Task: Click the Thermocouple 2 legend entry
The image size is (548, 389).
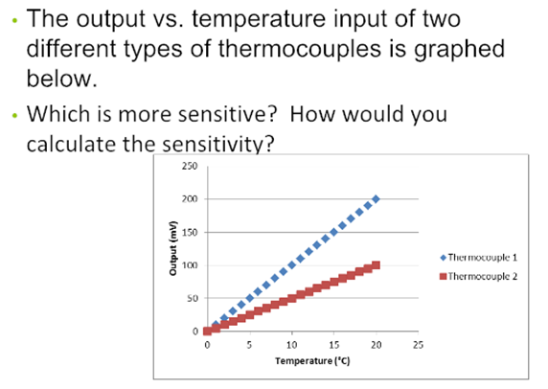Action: click(x=478, y=276)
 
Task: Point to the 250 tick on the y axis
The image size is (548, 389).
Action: click(x=191, y=166)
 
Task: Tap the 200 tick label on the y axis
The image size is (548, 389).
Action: click(x=191, y=199)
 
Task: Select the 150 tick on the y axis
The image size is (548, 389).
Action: click(x=191, y=233)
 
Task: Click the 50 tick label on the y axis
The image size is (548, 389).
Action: click(x=193, y=299)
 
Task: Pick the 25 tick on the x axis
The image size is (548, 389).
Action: click(x=418, y=344)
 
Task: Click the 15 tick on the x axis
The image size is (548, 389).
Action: click(x=333, y=344)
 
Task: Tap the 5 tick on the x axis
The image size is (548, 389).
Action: click(x=249, y=344)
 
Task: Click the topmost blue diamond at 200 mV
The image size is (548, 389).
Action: click(x=376, y=199)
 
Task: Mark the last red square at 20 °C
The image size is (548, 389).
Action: click(x=376, y=265)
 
